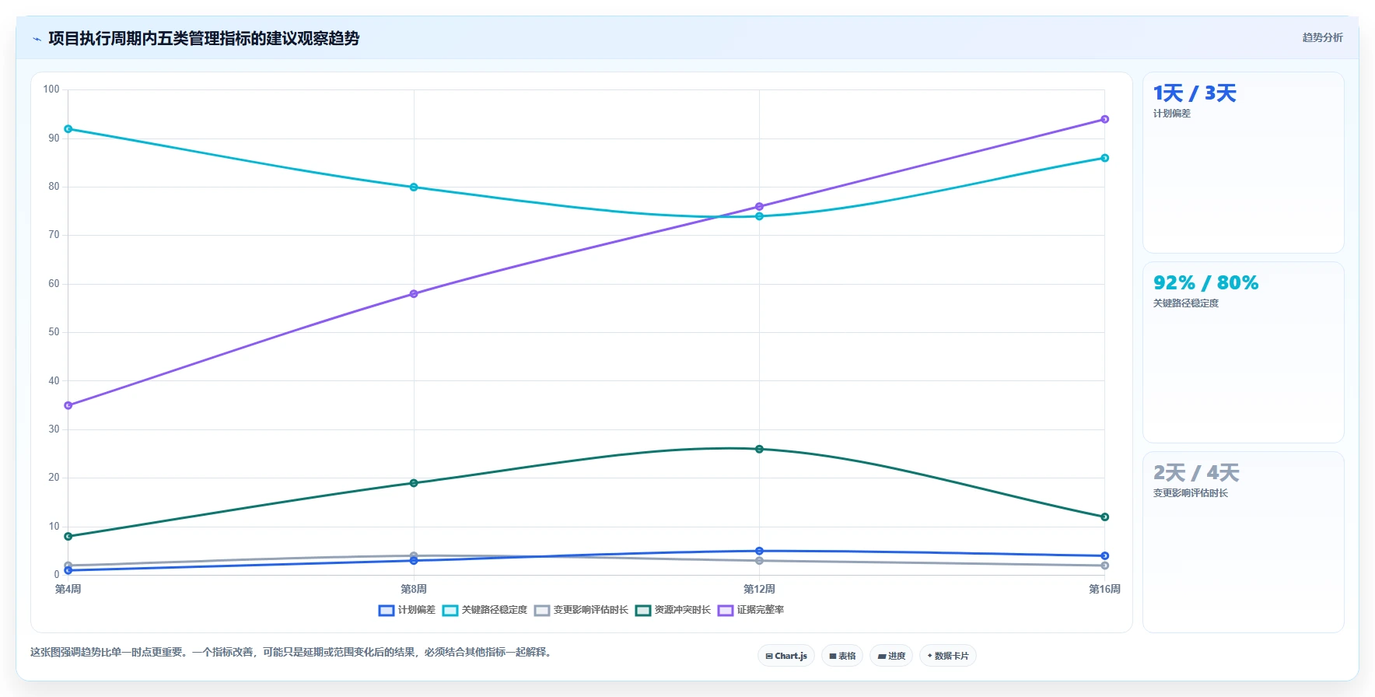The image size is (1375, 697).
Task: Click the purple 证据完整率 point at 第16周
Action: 1104,120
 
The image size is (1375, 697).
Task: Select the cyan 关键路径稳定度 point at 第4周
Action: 68,129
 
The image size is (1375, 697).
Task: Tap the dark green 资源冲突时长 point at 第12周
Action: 759,449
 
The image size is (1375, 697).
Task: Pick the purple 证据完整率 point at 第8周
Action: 414,294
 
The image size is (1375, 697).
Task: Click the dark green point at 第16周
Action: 1104,517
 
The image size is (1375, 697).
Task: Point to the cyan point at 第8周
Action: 414,187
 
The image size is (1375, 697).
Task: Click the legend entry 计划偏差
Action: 407,610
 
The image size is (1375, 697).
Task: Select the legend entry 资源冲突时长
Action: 673,610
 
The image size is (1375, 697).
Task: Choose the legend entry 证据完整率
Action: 750,610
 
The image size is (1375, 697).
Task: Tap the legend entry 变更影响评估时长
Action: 581,610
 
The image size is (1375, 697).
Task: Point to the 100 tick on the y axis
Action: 51,89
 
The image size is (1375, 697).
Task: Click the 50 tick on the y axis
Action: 54,332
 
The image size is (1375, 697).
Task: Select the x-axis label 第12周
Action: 759,589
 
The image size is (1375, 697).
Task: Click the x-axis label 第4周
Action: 68,589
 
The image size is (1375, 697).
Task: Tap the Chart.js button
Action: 786,656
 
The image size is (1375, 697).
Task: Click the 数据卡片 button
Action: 947,656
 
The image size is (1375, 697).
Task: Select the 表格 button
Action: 842,656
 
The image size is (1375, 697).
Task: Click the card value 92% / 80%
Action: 1205,283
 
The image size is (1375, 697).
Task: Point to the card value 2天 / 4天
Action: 1196,473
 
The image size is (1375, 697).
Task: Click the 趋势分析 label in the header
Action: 1322,37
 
